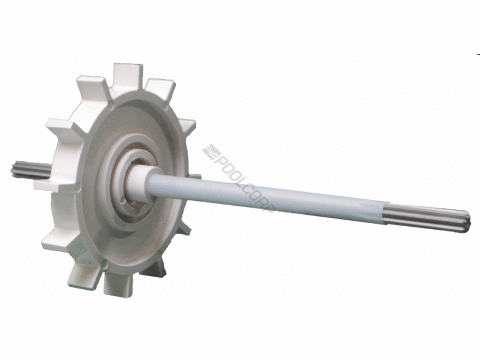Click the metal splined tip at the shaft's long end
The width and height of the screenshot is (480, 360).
pos(428,217)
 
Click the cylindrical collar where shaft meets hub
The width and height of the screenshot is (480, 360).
pos(138,183)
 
